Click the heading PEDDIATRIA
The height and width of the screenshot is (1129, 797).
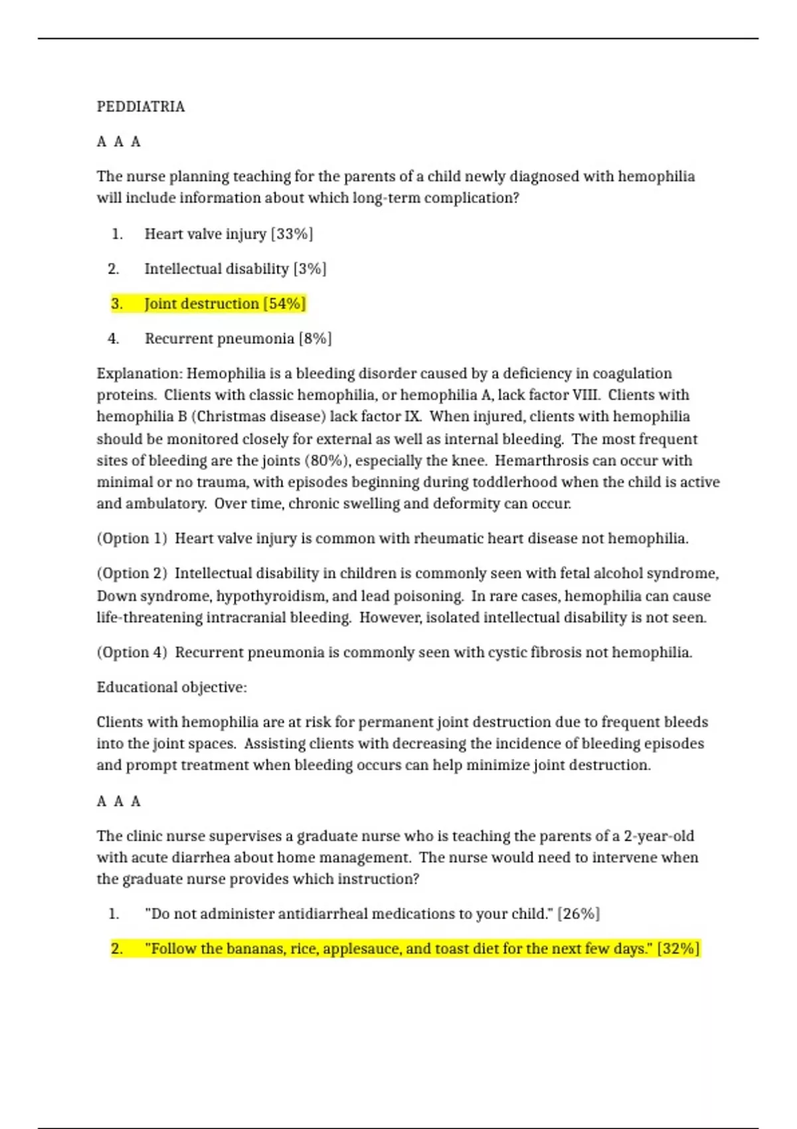coord(141,107)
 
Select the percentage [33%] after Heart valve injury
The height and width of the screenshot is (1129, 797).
coord(292,234)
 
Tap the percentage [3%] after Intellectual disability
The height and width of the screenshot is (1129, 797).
coord(310,269)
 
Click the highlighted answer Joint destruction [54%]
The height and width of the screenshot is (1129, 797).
coord(224,304)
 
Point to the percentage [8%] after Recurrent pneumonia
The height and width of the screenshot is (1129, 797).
coord(315,339)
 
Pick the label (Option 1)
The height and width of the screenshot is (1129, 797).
coord(132,539)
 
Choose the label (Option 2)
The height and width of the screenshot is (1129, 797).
coord(132,574)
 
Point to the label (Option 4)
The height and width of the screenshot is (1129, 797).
coord(132,653)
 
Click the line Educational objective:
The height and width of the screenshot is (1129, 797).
coord(171,687)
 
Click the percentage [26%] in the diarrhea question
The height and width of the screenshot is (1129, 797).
coord(578,914)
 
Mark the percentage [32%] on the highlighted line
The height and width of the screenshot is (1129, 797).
coord(678,948)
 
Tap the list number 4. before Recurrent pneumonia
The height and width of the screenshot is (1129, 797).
coord(114,339)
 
